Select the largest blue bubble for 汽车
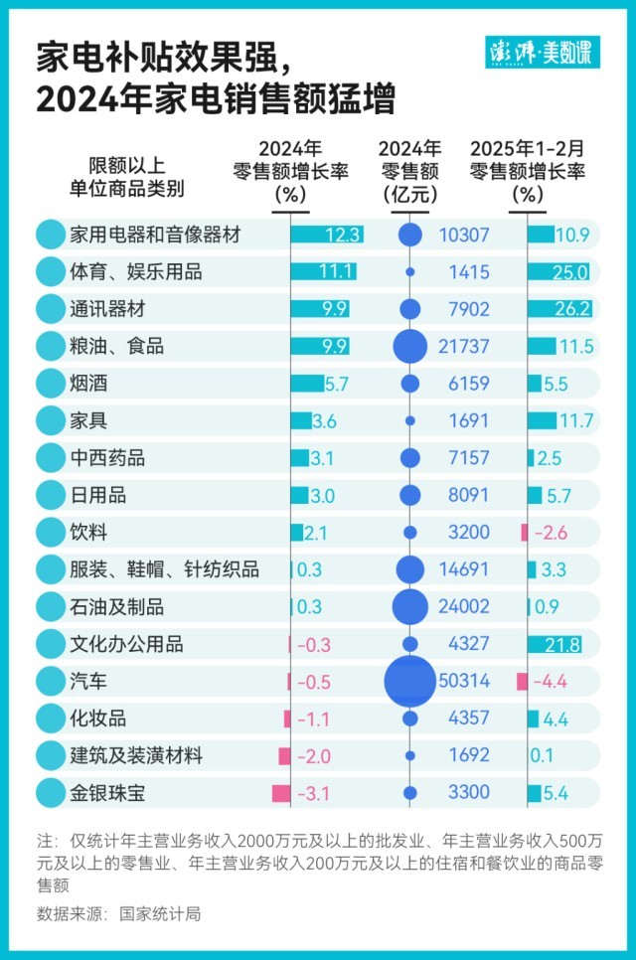coord(409,681)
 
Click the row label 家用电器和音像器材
coord(155,236)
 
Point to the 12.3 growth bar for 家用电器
coord(326,236)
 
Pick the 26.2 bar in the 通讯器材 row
coord(559,309)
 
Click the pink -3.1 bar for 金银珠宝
coord(280,793)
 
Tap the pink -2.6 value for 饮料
coord(550,533)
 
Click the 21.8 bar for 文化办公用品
coord(555,644)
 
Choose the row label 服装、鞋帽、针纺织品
coord(165,569)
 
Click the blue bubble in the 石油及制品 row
coord(409,607)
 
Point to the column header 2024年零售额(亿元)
coord(409,171)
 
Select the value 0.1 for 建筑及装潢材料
coord(543,756)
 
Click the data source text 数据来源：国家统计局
coord(118,913)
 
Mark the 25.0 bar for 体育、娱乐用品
coord(558,272)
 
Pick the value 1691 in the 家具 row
coord(469,421)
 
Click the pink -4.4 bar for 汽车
coord(523,682)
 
